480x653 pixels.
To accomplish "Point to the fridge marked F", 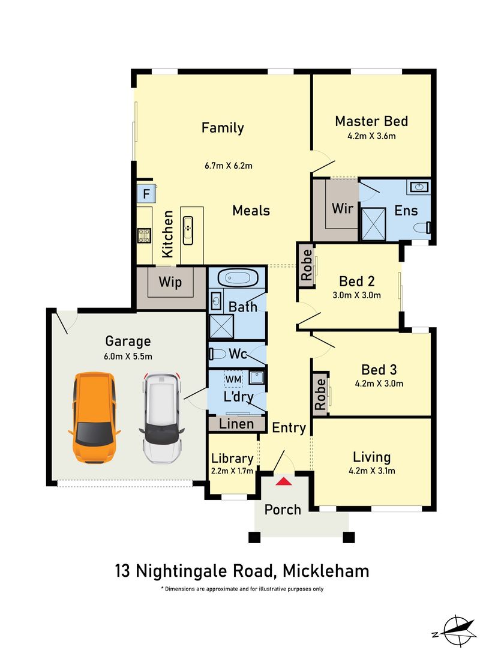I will pos(146,194).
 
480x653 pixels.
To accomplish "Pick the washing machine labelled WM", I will pos(233,379).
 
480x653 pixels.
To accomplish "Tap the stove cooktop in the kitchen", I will pos(144,235).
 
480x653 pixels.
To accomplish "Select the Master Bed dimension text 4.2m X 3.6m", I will pos(371,136).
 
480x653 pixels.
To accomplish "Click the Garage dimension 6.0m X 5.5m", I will pos(128,356).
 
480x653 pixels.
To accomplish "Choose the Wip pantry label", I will pos(171,281).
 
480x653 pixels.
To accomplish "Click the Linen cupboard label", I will pos(236,424).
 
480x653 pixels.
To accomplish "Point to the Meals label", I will pos(251,211).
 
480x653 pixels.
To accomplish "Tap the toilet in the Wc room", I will pos(217,354).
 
